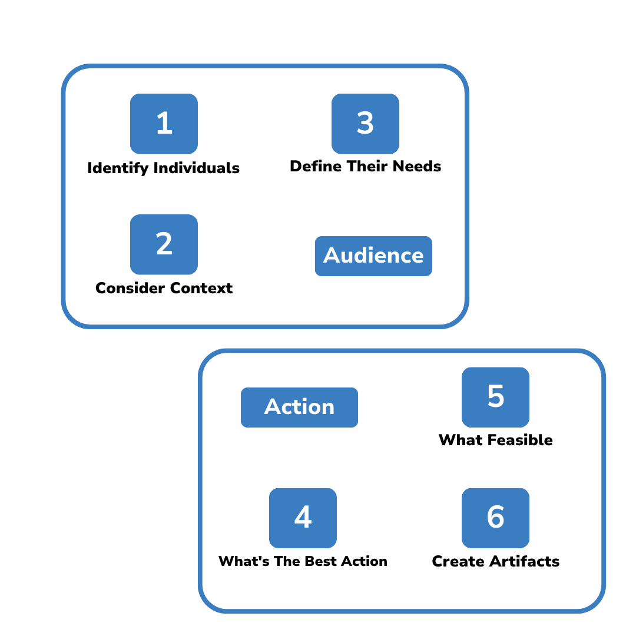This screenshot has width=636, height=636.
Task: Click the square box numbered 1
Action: click(164, 124)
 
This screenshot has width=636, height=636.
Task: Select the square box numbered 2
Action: click(164, 244)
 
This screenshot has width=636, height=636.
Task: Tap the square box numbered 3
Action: click(365, 124)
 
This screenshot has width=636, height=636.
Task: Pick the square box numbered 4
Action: click(303, 518)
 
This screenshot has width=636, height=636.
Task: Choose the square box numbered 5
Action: click(495, 397)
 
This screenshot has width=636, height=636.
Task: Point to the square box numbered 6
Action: click(495, 518)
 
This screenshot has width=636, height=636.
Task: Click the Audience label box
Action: click(373, 256)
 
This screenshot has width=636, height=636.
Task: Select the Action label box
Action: click(299, 407)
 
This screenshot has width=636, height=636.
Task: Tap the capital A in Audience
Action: click(333, 256)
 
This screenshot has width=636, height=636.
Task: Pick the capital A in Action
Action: click(274, 407)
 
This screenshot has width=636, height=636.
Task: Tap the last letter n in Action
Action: click(327, 408)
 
